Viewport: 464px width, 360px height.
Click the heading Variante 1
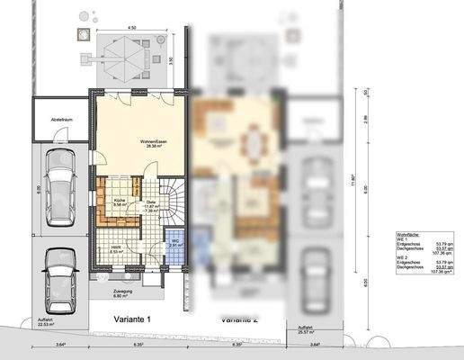132,319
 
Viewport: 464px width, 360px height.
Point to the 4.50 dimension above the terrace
132,28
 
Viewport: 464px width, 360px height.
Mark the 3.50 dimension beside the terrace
170,61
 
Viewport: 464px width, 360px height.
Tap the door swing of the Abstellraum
58,132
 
